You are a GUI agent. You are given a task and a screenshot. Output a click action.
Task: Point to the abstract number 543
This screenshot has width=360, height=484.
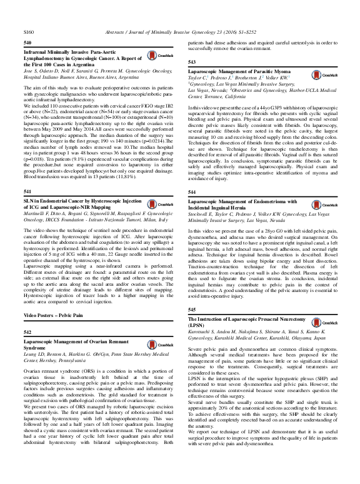(192, 63)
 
